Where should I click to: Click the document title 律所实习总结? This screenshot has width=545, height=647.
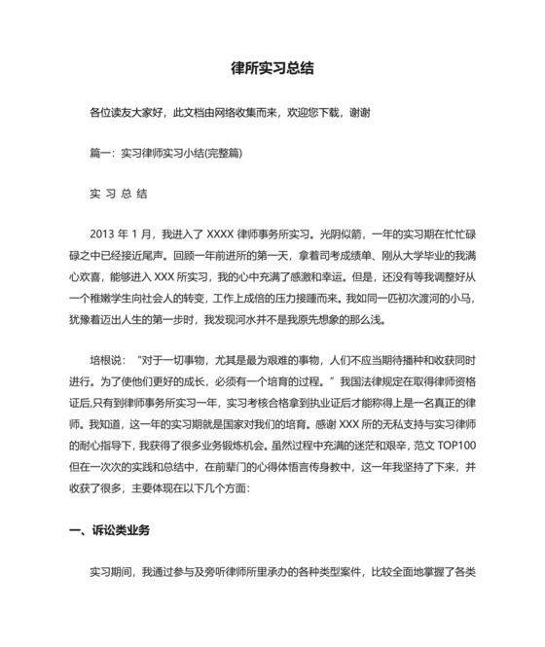coord(272,70)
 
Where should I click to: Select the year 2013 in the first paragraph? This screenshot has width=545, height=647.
coord(102,234)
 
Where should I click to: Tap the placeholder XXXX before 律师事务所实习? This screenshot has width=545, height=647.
coord(220,234)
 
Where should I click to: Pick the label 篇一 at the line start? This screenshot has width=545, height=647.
coord(98,153)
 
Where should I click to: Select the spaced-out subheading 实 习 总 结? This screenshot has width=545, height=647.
coord(118,194)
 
